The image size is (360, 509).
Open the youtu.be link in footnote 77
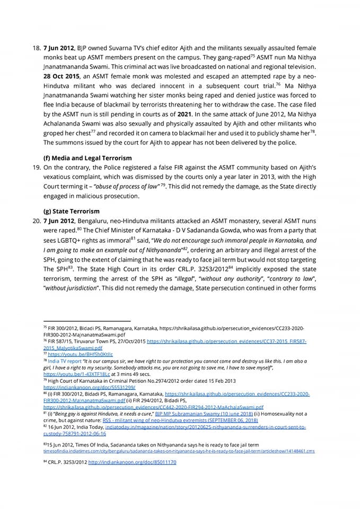pyautogui.click(x=81, y=353)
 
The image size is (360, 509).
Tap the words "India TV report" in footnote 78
pyautogui.click(x=65, y=360)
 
